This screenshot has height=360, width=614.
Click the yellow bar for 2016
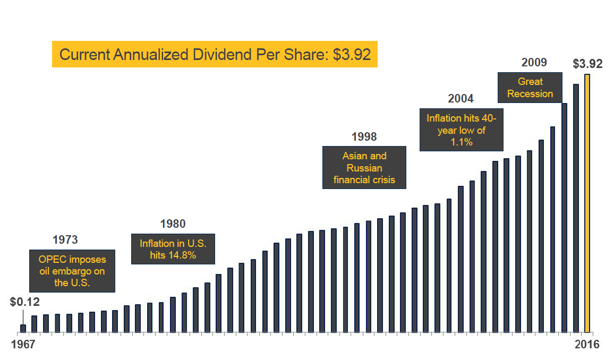[587, 203]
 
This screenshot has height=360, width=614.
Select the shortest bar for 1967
[23, 328]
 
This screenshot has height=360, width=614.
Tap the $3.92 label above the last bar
[587, 64]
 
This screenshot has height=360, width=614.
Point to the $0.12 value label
[25, 302]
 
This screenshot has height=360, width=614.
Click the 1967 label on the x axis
[23, 345]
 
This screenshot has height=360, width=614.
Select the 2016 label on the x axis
[586, 345]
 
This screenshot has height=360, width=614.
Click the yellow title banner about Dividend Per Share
[215, 55]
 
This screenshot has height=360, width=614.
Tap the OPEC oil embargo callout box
[72, 271]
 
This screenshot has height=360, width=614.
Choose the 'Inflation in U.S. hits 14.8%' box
[173, 249]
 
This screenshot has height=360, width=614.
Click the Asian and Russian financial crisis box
[364, 168]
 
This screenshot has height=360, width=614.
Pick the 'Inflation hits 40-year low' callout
[462, 130]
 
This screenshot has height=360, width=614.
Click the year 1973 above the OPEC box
[66, 240]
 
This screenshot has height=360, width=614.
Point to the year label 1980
[173, 224]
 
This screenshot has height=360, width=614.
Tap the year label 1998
[364, 137]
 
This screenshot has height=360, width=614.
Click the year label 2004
[461, 99]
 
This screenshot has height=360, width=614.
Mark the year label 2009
[534, 63]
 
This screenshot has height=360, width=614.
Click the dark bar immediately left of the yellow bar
[576, 208]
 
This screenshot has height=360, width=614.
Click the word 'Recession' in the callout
[530, 94]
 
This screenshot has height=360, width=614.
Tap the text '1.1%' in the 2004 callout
[462, 142]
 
